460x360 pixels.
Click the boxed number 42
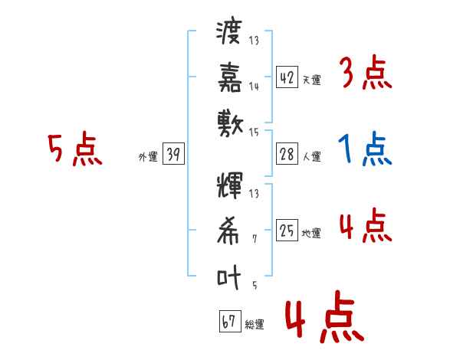tap(287, 77)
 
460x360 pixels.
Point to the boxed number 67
tap(229, 322)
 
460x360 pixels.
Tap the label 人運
tap(312, 157)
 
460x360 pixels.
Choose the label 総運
tap(255, 325)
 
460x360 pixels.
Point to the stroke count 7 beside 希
tap(255, 240)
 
